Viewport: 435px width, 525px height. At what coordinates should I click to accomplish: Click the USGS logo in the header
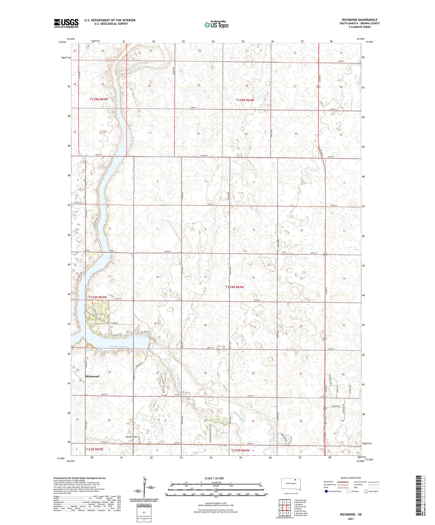[66, 23]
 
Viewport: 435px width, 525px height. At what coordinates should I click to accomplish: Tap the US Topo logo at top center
[216, 25]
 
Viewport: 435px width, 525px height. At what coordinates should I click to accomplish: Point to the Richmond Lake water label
[119, 347]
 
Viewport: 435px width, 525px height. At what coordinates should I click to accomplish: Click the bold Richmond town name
[92, 376]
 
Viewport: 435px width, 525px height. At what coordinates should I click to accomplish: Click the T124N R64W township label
[235, 287]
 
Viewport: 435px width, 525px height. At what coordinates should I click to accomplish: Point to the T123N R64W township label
[240, 450]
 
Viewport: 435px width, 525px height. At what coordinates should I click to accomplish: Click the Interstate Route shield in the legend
[326, 491]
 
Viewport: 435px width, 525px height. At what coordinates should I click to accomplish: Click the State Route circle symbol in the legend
[366, 491]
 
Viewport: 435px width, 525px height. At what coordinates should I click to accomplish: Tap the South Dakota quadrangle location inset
[291, 484]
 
